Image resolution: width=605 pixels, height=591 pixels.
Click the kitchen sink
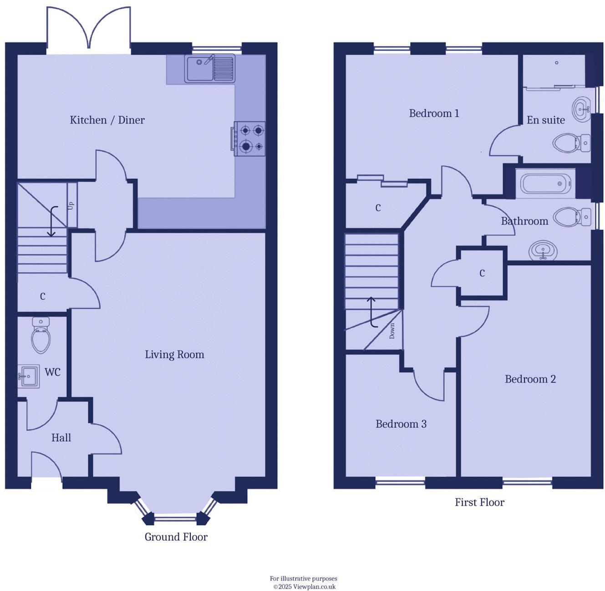click(x=209, y=69)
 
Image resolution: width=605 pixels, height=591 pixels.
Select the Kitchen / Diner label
click(x=107, y=120)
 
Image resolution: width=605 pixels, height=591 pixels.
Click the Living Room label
click(x=174, y=355)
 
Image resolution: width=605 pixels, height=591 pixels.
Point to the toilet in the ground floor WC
click(x=41, y=336)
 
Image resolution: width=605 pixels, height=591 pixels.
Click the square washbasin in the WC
click(x=29, y=376)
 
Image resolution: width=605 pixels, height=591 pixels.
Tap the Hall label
click(x=61, y=438)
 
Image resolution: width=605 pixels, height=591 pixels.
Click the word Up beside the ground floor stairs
click(x=71, y=206)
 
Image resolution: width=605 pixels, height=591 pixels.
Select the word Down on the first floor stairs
click(x=392, y=331)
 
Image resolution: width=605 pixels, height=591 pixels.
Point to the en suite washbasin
click(x=581, y=109)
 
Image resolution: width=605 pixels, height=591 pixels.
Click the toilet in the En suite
click(x=571, y=143)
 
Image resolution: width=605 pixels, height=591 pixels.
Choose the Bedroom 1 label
click(x=434, y=113)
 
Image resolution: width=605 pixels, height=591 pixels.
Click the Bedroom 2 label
click(x=530, y=379)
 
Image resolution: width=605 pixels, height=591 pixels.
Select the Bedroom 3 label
click(x=401, y=424)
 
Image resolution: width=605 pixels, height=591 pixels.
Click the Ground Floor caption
click(x=176, y=537)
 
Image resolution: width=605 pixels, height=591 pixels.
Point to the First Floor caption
click(x=479, y=503)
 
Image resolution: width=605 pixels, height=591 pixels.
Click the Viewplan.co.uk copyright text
click(x=304, y=586)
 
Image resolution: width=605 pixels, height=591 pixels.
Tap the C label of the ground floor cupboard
click(x=43, y=297)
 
